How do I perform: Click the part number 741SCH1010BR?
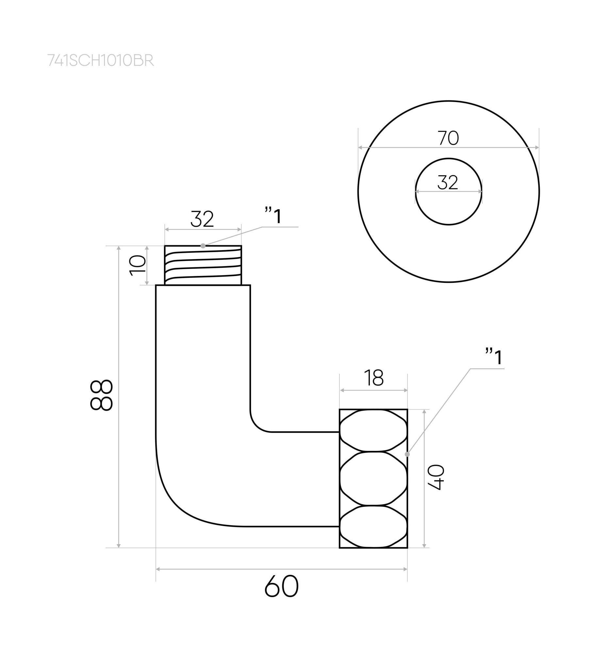pyautogui.click(x=101, y=60)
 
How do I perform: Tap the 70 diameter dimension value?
pyautogui.click(x=448, y=138)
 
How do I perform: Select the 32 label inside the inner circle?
pyautogui.click(x=448, y=182)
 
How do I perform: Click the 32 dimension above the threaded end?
pyautogui.click(x=202, y=219)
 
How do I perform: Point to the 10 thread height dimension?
pyautogui.click(x=138, y=266)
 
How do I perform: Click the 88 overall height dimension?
pyautogui.click(x=101, y=395)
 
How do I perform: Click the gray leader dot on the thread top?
pyautogui.click(x=203, y=246)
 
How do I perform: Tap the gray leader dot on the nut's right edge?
pyautogui.click(x=407, y=454)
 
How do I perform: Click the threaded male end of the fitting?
pyautogui.click(x=203, y=266)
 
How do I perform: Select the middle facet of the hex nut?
pyautogui.click(x=373, y=478)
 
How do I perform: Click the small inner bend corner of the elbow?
pyautogui.click(x=257, y=425)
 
